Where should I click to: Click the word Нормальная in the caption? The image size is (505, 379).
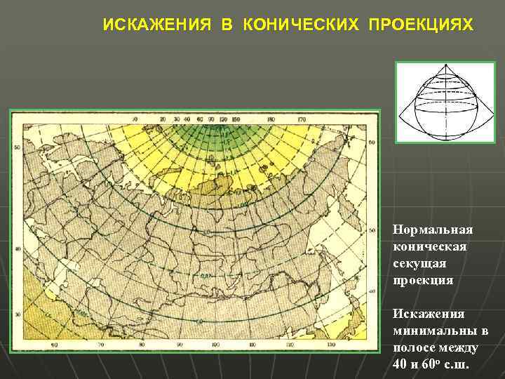click(x=433, y=230)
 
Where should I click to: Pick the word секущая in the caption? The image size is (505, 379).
click(x=419, y=262)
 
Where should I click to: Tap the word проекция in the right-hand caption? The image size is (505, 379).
click(x=423, y=279)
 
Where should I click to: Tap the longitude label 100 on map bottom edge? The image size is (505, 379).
click(x=215, y=345)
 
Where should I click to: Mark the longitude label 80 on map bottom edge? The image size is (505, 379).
click(x=142, y=345)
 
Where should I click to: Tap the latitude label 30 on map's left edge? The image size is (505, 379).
click(x=17, y=314)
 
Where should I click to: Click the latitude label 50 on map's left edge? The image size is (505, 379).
click(x=17, y=148)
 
